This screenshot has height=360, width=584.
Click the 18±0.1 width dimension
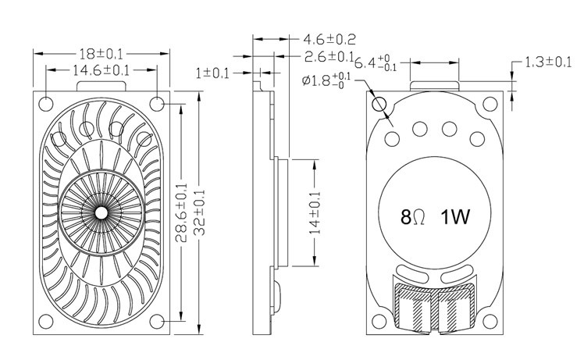(x=101, y=54)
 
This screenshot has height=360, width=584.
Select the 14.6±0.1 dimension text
(x=101, y=70)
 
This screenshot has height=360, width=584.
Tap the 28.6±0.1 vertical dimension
(x=182, y=212)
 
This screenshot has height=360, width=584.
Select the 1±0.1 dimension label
(x=212, y=73)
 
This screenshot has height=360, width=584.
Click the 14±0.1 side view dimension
(x=315, y=212)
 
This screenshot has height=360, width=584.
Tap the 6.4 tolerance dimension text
(x=377, y=62)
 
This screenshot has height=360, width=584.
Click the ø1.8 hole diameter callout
(x=326, y=80)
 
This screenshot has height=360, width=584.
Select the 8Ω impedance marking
(x=411, y=216)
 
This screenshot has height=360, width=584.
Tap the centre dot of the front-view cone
(x=101, y=212)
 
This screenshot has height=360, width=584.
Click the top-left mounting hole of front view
(x=46, y=102)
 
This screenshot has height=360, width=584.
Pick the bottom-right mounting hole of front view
(x=158, y=323)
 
